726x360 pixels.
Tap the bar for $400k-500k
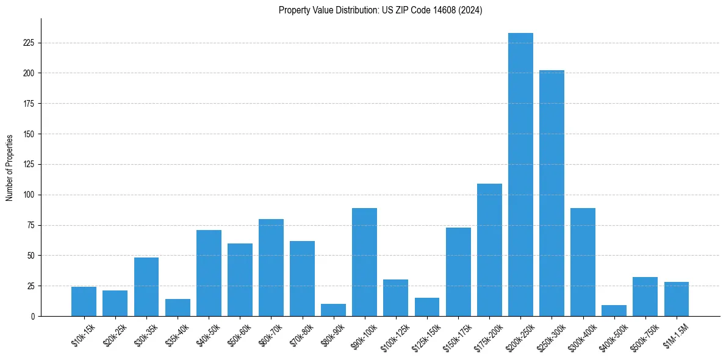[x=614, y=311]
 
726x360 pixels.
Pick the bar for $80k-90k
[x=333, y=310]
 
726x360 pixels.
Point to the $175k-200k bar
[x=489, y=250]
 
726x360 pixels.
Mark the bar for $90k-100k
[x=364, y=262]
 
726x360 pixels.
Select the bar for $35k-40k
[x=178, y=308]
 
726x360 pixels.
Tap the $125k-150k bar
[x=427, y=307]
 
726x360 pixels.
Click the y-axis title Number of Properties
[x=10, y=168]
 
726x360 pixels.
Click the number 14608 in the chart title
[x=433, y=10]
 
